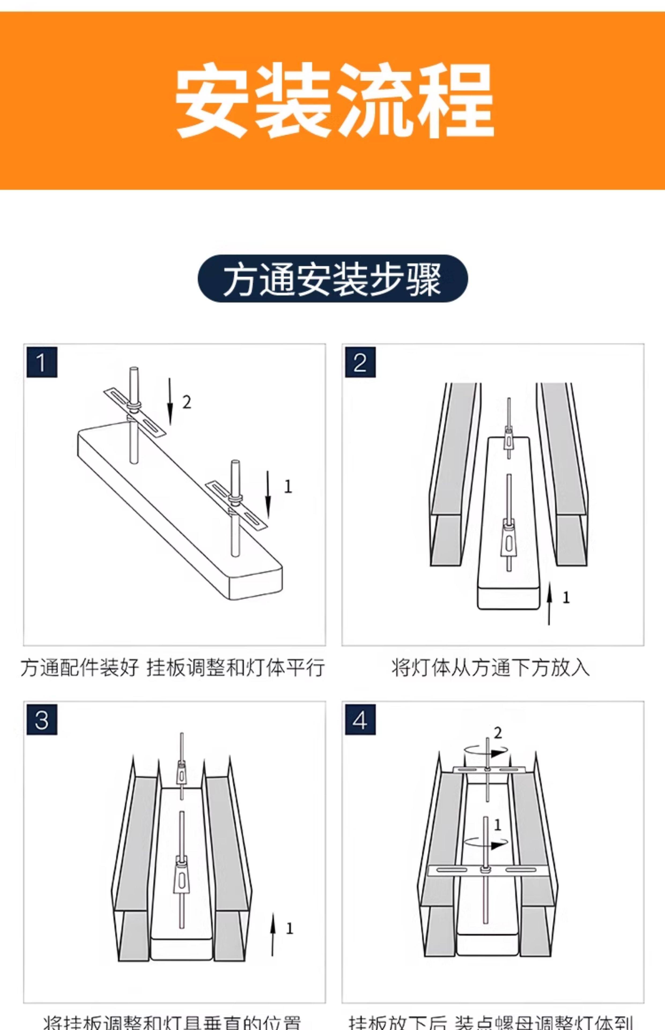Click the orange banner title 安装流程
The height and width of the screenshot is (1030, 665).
click(334, 100)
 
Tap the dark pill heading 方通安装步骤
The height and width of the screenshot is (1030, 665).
click(332, 278)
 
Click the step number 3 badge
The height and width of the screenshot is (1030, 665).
click(42, 719)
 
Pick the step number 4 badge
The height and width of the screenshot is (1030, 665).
click(360, 719)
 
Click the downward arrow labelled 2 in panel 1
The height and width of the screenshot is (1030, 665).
click(170, 401)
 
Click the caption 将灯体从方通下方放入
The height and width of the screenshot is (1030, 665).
click(490, 668)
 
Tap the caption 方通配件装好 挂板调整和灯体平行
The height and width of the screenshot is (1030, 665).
click(173, 668)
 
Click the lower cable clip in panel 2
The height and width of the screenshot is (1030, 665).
click(509, 538)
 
